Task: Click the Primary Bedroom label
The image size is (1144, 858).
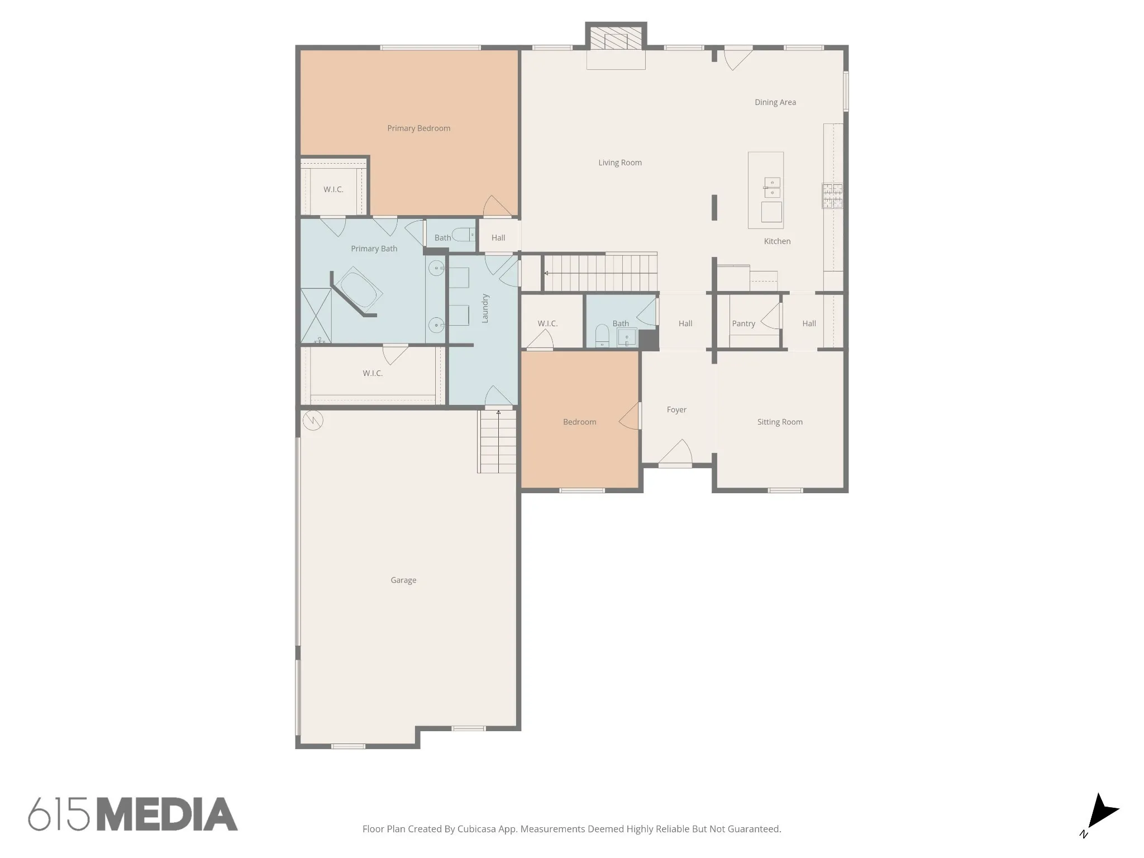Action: [418, 128]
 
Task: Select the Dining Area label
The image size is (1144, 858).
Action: [775, 102]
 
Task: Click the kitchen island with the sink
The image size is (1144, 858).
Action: [766, 190]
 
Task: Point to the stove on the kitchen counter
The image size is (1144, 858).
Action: [832, 196]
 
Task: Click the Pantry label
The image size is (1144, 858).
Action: [743, 323]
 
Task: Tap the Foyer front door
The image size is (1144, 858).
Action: [675, 452]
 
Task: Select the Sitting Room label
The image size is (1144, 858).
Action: [780, 422]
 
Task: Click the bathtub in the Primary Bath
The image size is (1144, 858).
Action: [358, 289]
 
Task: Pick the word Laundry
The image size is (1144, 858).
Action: [485, 308]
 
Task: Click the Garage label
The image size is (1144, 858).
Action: [403, 580]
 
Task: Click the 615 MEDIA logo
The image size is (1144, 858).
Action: [133, 814]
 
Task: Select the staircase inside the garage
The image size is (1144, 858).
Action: [497, 441]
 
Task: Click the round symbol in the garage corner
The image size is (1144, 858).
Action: [313, 420]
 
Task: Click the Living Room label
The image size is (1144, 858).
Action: [620, 163]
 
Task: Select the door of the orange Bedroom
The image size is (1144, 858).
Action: [630, 416]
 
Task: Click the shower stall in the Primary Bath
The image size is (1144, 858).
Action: [316, 316]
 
